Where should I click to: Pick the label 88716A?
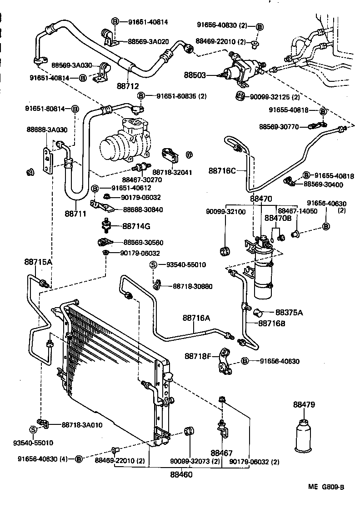[x=196, y=318]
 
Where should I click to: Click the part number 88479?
[x=304, y=404]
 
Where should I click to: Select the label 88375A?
[x=289, y=312]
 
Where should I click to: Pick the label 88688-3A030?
[x=46, y=130]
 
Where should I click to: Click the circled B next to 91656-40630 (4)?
[x=78, y=459]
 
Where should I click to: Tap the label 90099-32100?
[x=225, y=212]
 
